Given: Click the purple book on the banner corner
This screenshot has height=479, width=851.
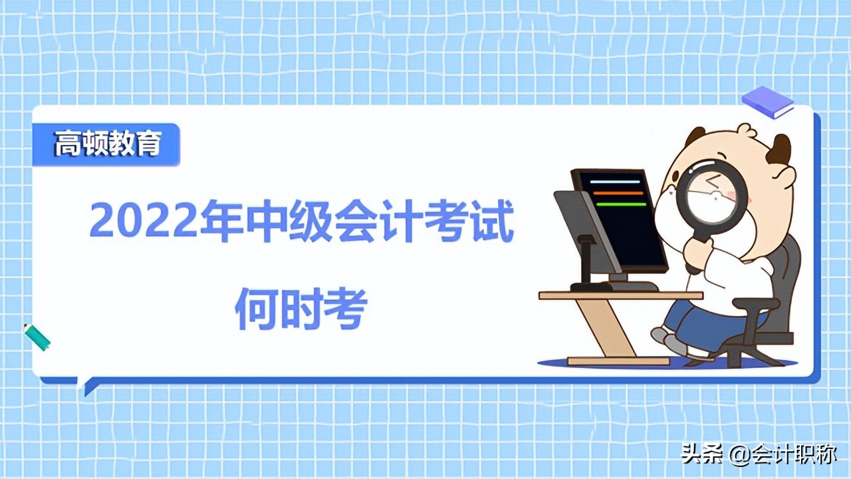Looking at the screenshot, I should (x=768, y=102).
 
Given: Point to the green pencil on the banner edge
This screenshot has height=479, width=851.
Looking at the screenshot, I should (x=37, y=337).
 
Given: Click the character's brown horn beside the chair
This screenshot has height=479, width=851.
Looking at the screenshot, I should (x=779, y=149).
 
